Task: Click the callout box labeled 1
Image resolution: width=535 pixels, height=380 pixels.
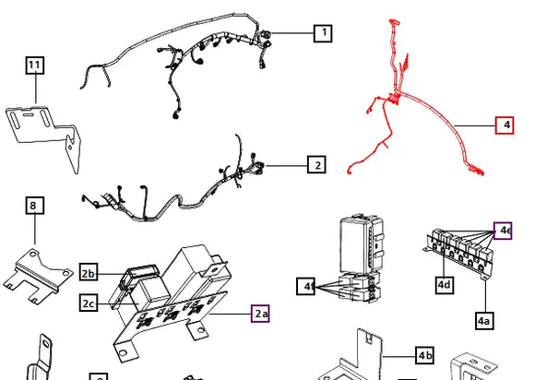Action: coord(323,33)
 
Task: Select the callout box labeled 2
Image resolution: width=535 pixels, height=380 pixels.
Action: coord(316,165)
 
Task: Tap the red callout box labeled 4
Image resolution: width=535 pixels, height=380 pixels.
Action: coord(505,125)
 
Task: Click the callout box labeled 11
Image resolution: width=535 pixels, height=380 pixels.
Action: coord(35,65)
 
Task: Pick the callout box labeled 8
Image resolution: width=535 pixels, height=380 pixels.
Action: coord(35,206)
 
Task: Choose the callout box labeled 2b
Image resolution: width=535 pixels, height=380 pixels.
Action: coord(89,272)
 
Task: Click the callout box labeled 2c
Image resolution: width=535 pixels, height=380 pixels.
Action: coord(89,303)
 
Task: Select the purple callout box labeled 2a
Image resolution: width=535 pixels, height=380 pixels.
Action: coord(260,314)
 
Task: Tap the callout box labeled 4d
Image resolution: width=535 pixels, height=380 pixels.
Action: coord(445,285)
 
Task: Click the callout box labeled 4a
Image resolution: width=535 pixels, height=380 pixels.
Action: coord(484,321)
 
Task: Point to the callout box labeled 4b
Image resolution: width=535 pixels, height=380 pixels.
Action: coord(425,355)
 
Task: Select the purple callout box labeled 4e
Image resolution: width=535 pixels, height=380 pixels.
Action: coord(503,231)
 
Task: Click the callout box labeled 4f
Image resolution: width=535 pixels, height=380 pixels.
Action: coord(306,287)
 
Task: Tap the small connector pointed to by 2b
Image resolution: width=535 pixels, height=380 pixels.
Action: coord(139,272)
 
